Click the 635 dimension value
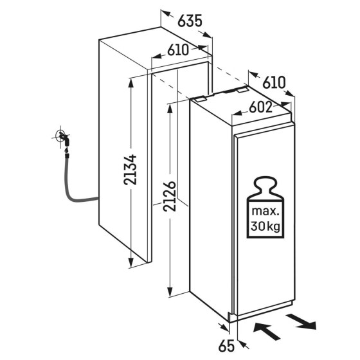point(190,21)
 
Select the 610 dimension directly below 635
point(178,50)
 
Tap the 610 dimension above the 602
point(274,82)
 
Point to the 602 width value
point(260,107)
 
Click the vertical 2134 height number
point(130,170)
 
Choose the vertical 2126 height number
point(169,196)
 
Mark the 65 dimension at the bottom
point(226,346)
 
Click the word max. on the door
point(265,211)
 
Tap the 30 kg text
point(265,226)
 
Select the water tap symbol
point(63,137)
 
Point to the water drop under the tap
point(67,150)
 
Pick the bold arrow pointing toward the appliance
point(266,330)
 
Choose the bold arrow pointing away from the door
point(301,321)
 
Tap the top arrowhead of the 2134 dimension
point(131,83)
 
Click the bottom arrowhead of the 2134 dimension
point(131,263)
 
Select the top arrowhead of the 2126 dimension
point(170,109)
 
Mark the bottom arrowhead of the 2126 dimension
point(170,292)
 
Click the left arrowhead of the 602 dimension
point(237,113)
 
